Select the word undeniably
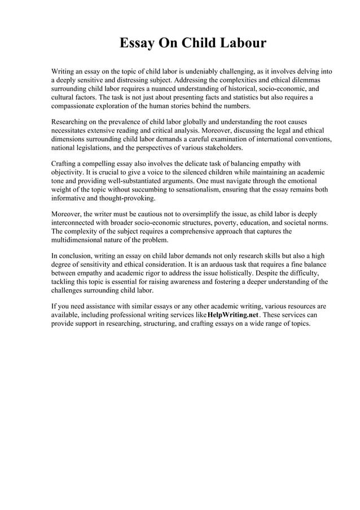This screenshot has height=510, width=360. (x=203, y=72)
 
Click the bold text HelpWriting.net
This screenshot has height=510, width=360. (x=232, y=315)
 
